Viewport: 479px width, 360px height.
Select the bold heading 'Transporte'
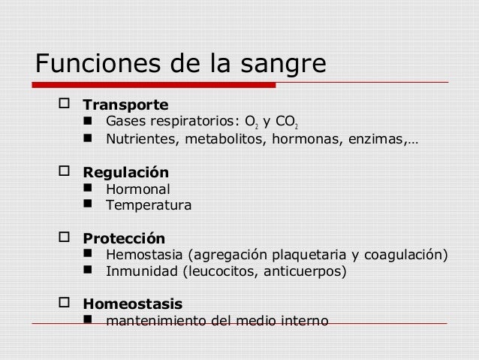point(125,104)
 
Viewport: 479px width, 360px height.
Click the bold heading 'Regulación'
point(125,172)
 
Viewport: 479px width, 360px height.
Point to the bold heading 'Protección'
point(123,238)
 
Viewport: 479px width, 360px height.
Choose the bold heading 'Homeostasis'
point(132,304)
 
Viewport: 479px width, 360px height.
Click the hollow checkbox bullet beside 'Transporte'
point(63,103)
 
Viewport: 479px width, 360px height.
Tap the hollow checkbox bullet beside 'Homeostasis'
point(63,304)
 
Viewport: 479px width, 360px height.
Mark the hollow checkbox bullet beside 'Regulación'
point(63,171)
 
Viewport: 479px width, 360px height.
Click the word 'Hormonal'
point(138,189)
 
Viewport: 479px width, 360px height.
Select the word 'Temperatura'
point(149,204)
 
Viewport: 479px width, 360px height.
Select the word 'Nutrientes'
point(140,138)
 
